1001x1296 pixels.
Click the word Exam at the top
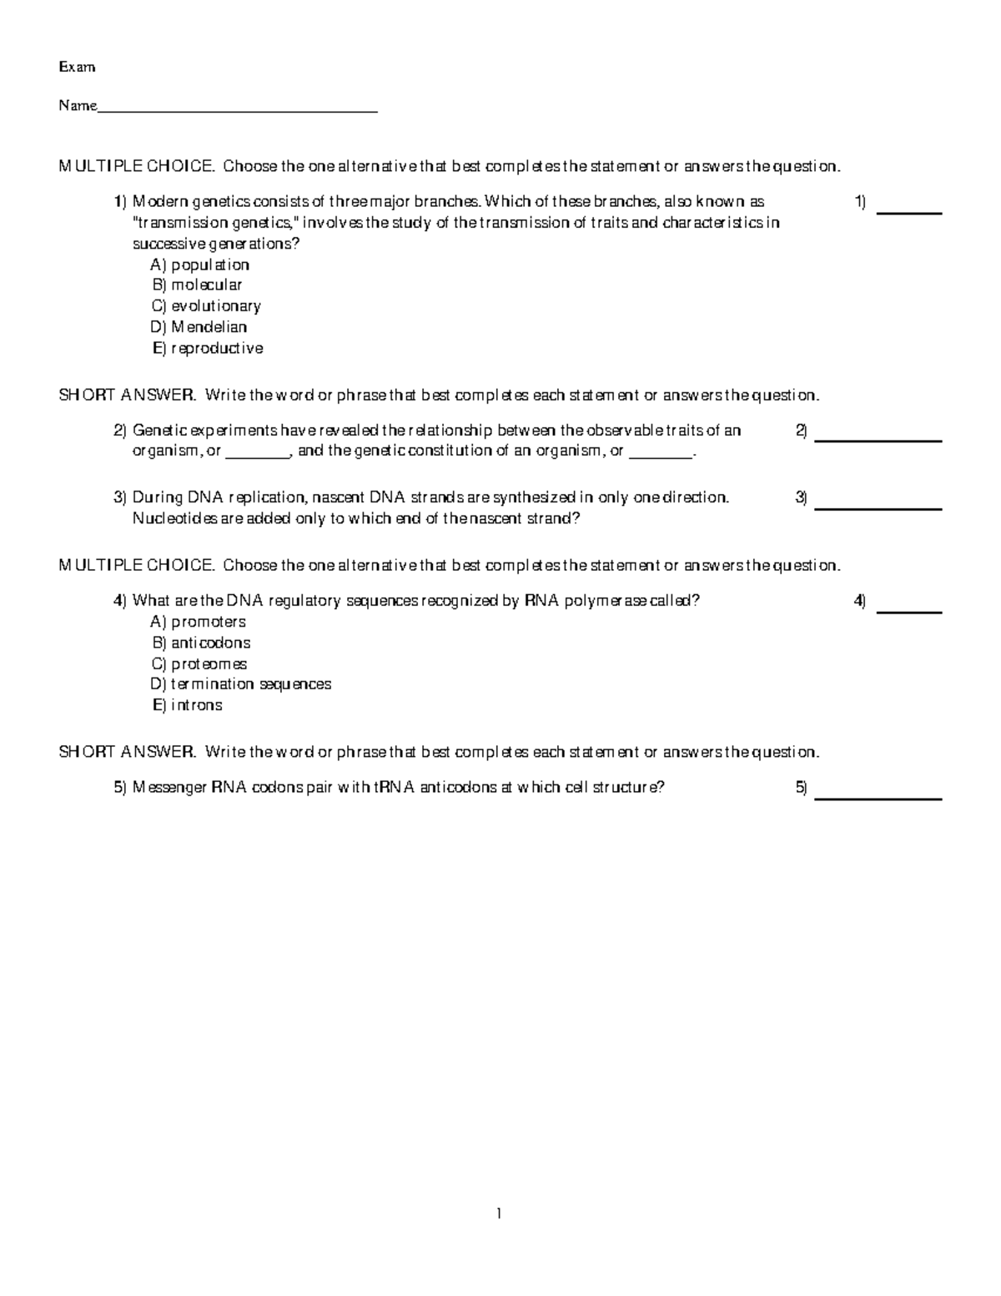[x=77, y=67]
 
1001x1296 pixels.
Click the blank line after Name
[x=238, y=108]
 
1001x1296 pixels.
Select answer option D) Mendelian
[x=199, y=327]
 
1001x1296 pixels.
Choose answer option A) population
[x=199, y=265]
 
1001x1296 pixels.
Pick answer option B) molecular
[x=197, y=285]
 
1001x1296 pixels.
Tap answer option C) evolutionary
[x=206, y=306]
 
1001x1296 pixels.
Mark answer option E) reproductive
[x=207, y=348]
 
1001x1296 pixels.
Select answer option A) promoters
[x=198, y=622]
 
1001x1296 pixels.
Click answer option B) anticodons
[x=201, y=643]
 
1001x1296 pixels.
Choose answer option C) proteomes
[x=199, y=664]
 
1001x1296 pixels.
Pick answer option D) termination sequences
[x=241, y=684]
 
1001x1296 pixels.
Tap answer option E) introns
[x=187, y=705]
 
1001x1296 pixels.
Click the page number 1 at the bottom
[x=499, y=1214]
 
